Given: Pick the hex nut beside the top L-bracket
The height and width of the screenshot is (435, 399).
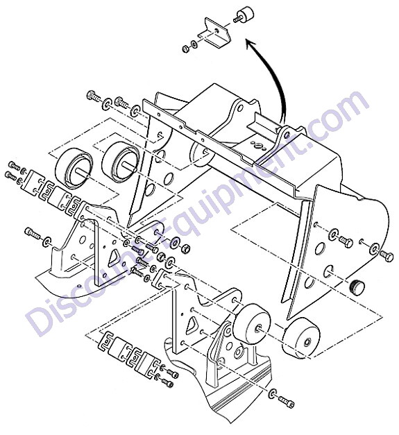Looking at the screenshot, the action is point(185,49).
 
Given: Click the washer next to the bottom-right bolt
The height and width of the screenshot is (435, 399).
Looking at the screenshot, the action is point(273,393).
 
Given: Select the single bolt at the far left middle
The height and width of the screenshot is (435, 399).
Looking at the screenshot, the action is point(33,232).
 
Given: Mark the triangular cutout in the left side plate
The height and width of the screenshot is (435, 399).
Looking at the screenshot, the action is point(114,257).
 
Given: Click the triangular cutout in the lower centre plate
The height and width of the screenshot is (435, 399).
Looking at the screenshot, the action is point(192,324).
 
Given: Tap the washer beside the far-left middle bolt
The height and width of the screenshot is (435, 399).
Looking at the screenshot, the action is point(47,241).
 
